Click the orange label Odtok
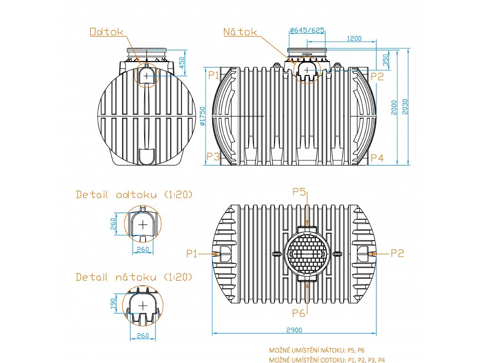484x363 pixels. [106, 32]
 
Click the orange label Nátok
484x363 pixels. [240, 32]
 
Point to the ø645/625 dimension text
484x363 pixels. [307, 30]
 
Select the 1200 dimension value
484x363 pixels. [354, 38]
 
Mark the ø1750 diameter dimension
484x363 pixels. [202, 116]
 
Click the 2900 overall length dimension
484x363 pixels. [294, 329]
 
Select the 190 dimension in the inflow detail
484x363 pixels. [113, 303]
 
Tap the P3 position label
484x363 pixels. [213, 157]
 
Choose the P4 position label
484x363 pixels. [377, 157]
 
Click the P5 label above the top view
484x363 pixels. [300, 191]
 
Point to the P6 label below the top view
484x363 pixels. [299, 313]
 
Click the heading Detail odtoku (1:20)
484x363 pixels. [134, 194]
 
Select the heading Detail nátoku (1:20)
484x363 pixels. [134, 277]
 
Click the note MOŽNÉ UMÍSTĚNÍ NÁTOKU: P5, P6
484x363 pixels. [317, 350]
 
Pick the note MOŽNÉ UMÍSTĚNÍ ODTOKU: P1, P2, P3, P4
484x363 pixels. [327, 360]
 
